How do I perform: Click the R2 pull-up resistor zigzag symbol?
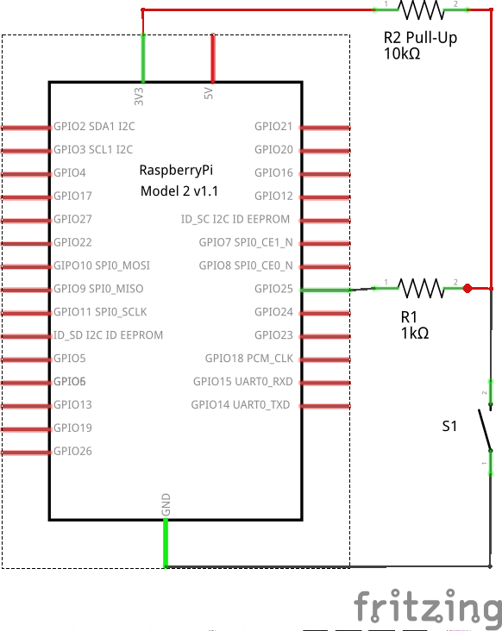(421, 9)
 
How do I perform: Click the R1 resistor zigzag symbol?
(421, 288)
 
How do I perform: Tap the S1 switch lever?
(485, 430)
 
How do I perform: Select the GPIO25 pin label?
(273, 289)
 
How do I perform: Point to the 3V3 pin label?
(139, 97)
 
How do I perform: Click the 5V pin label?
(208, 93)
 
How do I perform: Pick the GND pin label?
(166, 504)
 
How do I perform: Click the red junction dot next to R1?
(467, 289)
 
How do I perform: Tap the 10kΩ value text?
(402, 53)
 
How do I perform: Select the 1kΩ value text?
(415, 334)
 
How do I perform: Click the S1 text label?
(449, 426)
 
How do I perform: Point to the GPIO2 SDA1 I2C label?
(94, 127)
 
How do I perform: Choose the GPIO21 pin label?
(273, 127)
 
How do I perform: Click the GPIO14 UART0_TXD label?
(241, 405)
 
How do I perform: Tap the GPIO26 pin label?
(72, 451)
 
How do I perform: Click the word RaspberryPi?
(176, 170)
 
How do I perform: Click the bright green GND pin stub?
(166, 543)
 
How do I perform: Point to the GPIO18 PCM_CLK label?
(249, 359)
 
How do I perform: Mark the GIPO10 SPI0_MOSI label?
(102, 266)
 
